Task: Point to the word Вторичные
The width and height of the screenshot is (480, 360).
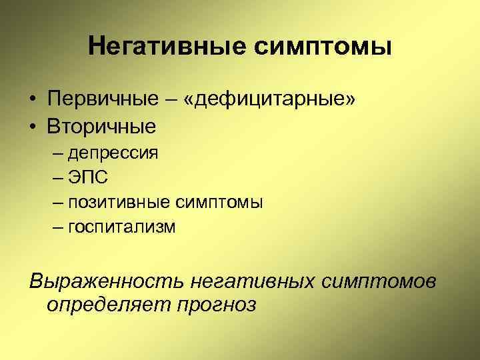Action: click(101, 125)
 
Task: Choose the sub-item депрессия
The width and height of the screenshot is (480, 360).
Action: click(113, 153)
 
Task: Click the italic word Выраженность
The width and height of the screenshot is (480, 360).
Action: click(106, 281)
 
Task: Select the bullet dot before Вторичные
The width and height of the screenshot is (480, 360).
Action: click(33, 126)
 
